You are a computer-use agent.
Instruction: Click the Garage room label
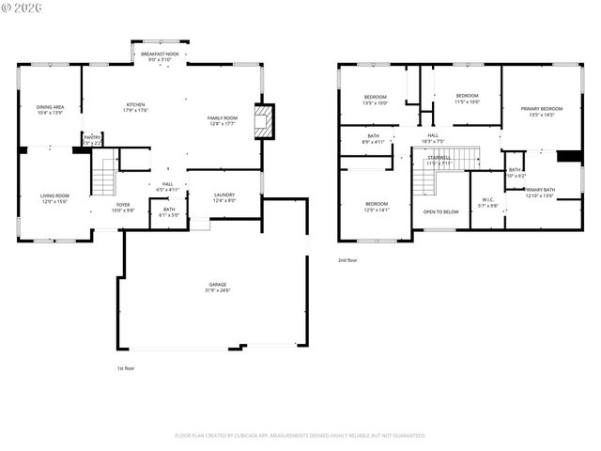tap(218, 287)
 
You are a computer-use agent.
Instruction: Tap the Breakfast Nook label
tap(159, 57)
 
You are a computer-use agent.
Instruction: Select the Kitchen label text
tap(137, 107)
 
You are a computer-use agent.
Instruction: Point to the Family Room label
tap(223, 120)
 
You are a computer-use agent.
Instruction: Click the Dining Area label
tap(50, 110)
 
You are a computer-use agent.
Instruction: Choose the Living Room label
tap(54, 198)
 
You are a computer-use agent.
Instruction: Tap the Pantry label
tap(92, 139)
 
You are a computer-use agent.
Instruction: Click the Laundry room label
tap(223, 197)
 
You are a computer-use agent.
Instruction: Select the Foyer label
tap(123, 207)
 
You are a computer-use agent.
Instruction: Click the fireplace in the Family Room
tap(266, 120)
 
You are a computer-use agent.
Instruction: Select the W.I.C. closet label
tap(486, 202)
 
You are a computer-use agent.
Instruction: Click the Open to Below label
tap(440, 211)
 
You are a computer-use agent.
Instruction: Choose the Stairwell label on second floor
tap(439, 161)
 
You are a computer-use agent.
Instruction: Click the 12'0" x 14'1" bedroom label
tap(377, 207)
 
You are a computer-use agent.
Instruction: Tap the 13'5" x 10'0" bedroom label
tap(376, 100)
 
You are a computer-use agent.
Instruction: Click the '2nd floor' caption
tap(347, 260)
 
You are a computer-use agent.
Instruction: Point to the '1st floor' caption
tap(126, 368)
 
